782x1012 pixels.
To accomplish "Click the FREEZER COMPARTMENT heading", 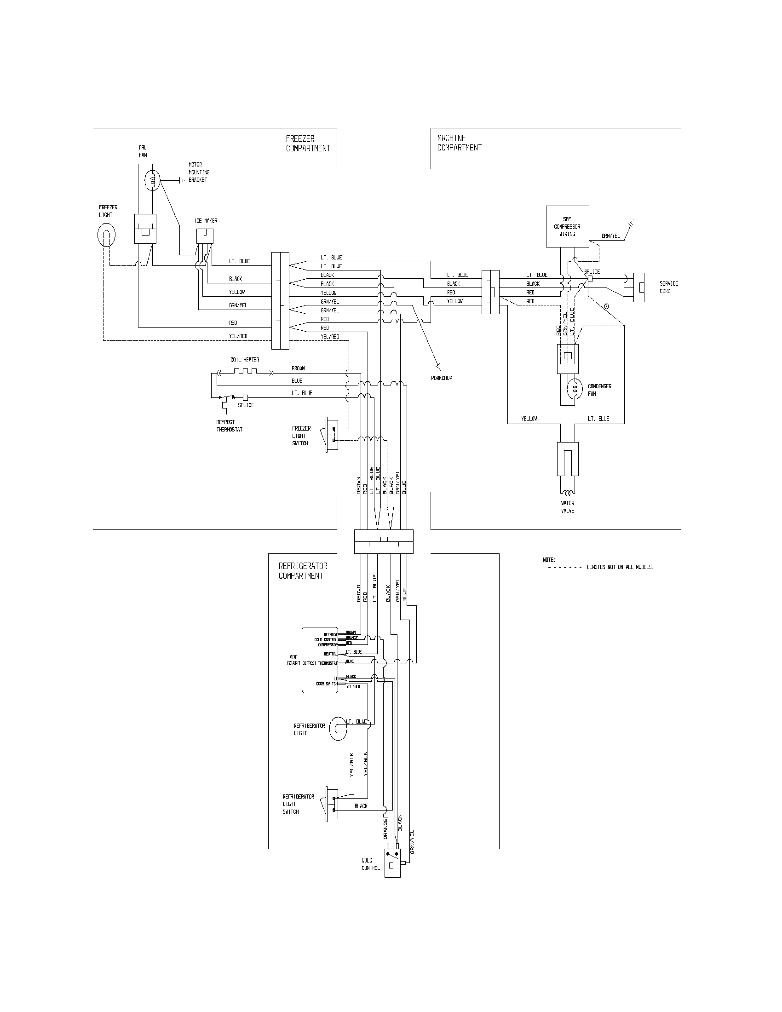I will point(308,144).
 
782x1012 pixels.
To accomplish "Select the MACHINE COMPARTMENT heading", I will point(459,143).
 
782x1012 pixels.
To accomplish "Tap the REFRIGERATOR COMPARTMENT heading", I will point(303,571).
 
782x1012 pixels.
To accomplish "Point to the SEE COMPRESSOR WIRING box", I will point(567,227).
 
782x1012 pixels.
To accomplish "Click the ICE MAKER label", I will point(206,221).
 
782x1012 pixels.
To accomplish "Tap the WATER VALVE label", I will point(568,507).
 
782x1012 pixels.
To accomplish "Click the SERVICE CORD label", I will point(669,287).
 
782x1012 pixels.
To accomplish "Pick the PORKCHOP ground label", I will point(442,378).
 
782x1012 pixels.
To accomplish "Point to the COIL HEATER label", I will point(245,360).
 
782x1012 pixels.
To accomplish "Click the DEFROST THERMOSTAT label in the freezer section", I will point(230,426).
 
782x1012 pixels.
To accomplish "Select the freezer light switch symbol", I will point(332,434).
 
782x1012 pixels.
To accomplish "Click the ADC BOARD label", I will point(294,660).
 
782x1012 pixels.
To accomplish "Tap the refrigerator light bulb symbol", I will point(338,729).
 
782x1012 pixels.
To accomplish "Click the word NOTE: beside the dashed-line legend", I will point(549,560).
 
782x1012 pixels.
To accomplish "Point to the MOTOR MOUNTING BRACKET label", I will point(199,172).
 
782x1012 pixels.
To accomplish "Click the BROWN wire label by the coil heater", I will point(298,368).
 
